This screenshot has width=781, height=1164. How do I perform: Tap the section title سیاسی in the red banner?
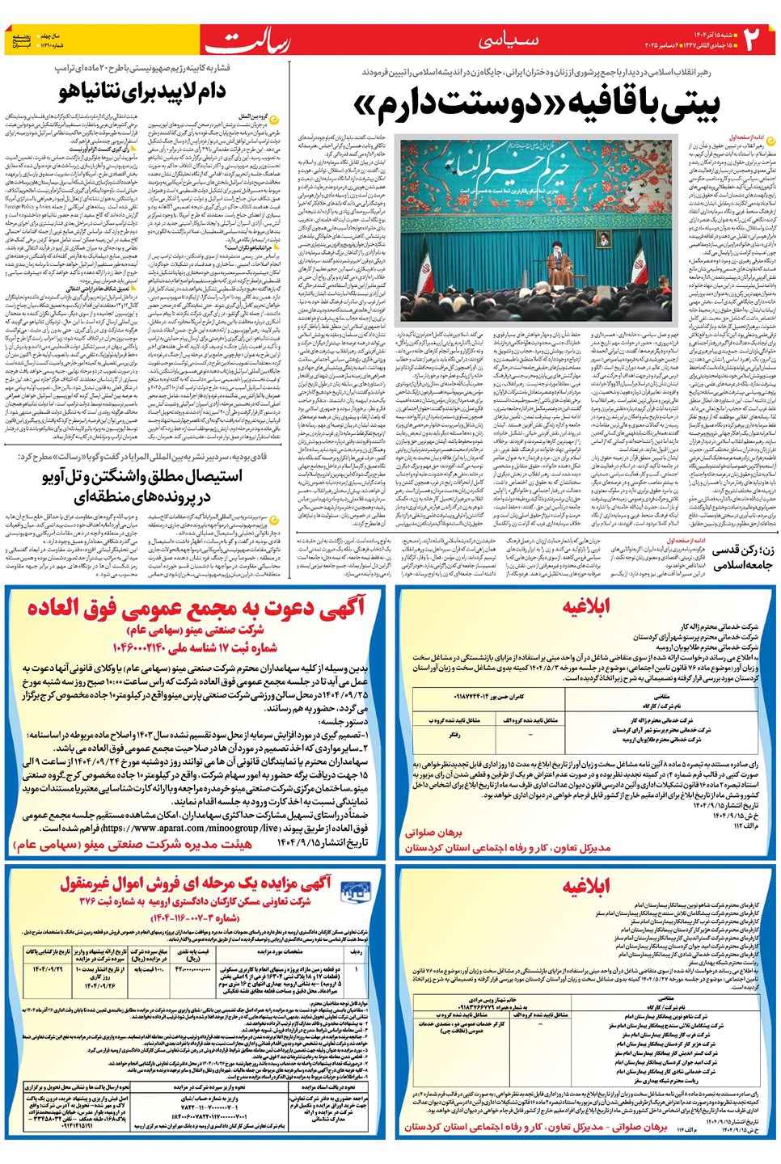tap(508, 40)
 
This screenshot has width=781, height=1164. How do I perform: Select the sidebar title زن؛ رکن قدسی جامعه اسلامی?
tap(741, 557)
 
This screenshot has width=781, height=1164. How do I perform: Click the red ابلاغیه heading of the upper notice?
tap(586, 605)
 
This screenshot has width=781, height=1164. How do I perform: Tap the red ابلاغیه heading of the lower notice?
tap(586, 887)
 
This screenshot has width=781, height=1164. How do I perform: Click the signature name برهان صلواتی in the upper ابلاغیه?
tap(433, 832)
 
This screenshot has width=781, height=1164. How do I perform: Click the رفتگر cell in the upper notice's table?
tap(455, 735)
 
